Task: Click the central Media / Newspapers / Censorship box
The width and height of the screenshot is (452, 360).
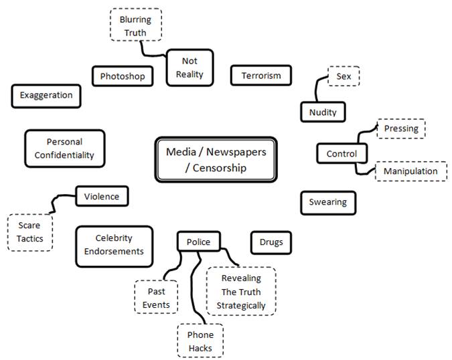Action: (216, 160)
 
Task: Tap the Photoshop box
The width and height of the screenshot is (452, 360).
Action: (123, 76)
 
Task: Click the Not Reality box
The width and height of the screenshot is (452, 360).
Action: (190, 68)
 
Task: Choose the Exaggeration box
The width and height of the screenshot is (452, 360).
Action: (46, 95)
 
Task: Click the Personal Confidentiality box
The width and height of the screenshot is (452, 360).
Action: (64, 149)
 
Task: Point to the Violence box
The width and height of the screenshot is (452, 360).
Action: (102, 196)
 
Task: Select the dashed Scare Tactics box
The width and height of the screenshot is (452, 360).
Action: (29, 232)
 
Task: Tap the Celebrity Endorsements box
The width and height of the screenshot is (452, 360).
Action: (114, 244)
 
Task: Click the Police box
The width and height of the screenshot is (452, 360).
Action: (198, 242)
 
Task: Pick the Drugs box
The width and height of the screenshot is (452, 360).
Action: (271, 242)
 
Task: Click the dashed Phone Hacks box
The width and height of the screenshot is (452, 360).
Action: (200, 340)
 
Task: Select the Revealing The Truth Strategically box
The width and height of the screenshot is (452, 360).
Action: (241, 291)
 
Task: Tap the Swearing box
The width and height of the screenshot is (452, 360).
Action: (327, 201)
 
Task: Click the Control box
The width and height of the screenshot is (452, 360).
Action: (342, 154)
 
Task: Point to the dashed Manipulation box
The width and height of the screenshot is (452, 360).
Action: (410, 171)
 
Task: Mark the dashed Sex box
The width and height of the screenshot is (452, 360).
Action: (344, 76)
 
